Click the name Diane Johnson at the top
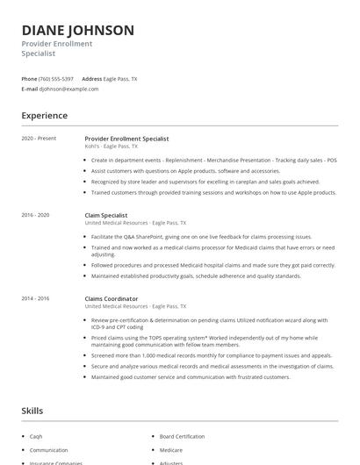[x=78, y=30]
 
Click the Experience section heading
[x=44, y=116]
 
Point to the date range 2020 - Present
[x=38, y=139]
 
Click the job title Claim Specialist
[x=106, y=215]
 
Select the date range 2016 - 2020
[x=36, y=215]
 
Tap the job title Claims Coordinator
[x=111, y=298]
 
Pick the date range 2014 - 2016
[x=36, y=298]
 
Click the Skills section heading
[x=32, y=411]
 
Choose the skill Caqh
[x=37, y=435]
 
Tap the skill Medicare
[x=171, y=449]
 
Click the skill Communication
[x=48, y=449]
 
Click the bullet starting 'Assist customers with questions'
[x=184, y=170]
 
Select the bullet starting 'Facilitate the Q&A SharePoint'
[x=200, y=237]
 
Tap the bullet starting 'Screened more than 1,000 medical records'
[x=211, y=355]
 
